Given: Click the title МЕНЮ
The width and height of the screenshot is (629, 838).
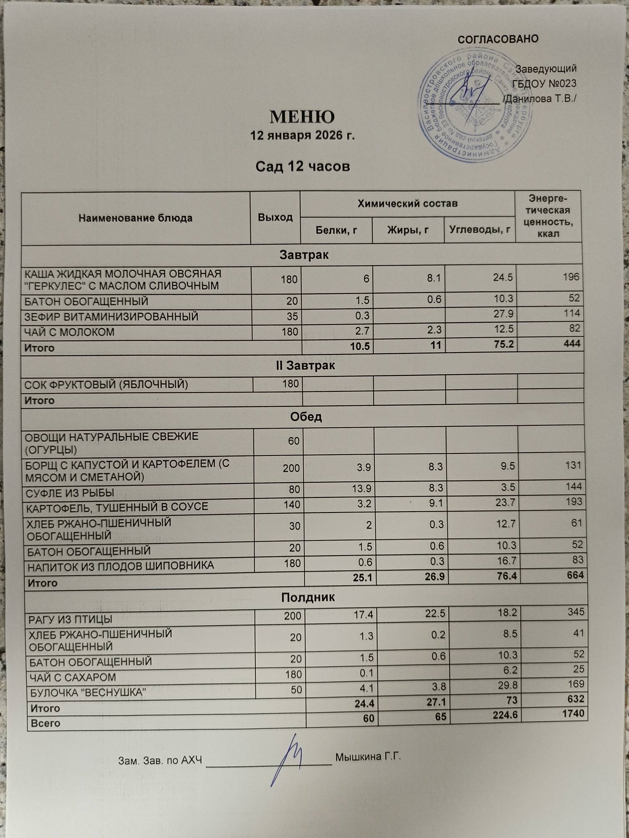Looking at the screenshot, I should coord(302,117).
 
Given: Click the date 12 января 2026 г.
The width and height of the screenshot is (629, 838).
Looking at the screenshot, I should coord(302,136).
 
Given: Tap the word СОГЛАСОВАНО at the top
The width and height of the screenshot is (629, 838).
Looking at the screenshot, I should coord(498,39).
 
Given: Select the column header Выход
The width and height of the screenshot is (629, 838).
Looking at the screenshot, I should coord(275,217).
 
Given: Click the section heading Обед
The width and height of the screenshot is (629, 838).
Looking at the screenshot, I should coord(306,417).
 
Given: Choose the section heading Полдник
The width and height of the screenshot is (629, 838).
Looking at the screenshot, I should coord(307,597).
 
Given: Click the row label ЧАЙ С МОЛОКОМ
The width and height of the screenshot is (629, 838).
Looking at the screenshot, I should coord(70,332).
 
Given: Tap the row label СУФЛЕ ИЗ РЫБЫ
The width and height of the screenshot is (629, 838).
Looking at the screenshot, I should coord(70,493).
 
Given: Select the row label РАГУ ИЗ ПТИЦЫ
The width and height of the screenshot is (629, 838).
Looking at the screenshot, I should coord(70,619).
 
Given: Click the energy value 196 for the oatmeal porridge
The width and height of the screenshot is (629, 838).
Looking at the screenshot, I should coord(571,277).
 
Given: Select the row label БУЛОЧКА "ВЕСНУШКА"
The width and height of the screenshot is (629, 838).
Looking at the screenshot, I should coord(88,693).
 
